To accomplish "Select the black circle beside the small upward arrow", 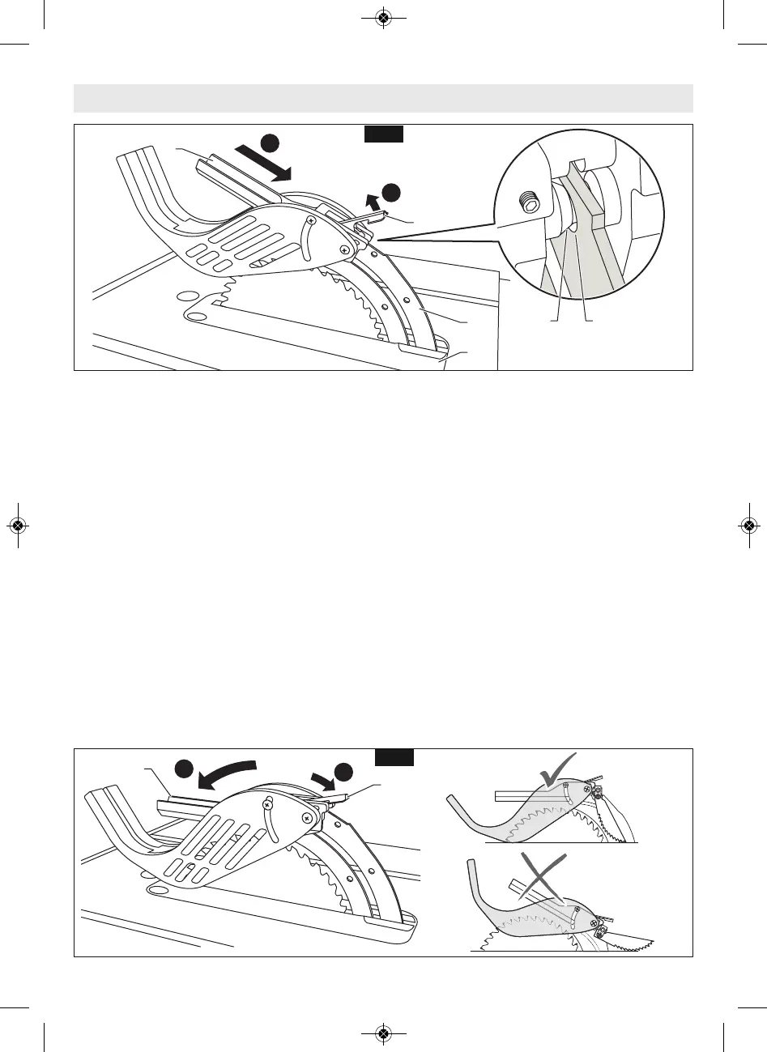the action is pyautogui.click(x=391, y=192).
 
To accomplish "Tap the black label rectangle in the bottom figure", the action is pyautogui.click(x=395, y=758).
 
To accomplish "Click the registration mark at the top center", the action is pyautogui.click(x=383, y=18).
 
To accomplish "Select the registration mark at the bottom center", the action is pyautogui.click(x=383, y=1033).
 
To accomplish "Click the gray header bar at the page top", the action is pyautogui.click(x=383, y=98).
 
